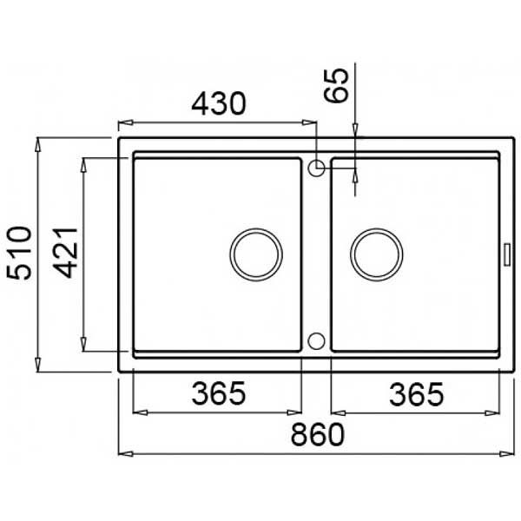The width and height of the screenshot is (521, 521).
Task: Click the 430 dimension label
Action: coord(219,103)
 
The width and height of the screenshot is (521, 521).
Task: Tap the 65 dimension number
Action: coord(336,85)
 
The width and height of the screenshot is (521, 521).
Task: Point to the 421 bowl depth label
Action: coord(66,253)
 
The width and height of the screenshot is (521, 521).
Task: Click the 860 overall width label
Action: coord(318,434)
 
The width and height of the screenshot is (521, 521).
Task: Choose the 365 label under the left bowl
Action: coord(219,393)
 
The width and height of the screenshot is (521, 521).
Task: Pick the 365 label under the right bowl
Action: coord(416,394)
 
